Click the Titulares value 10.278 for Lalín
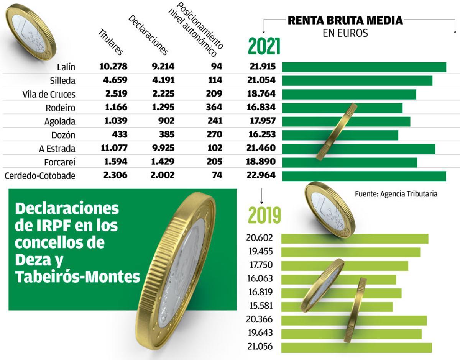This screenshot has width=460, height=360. coord(113,66)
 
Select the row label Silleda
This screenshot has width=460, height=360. coord(62,81)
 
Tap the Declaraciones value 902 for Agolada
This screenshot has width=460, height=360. coord(167,121)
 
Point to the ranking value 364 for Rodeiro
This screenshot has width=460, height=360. coord(214,107)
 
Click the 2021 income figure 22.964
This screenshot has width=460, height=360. coord(261,175)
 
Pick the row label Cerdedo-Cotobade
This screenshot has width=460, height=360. coord(40,176)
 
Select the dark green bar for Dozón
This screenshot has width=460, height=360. coord(340,135)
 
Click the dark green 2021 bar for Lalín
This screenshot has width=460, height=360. coord(364,67)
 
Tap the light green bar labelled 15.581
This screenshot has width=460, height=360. coord(337,307)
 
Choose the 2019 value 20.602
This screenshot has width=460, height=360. coord(259,238)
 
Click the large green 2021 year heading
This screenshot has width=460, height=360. coord(264,46)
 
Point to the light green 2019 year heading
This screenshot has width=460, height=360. coord(264,215)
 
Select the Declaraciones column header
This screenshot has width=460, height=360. coord(148,35)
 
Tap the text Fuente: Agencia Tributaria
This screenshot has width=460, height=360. coord(396,194)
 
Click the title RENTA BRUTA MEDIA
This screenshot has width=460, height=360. coord(345,20)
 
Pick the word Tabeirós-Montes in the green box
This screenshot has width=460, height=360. coord(78,277)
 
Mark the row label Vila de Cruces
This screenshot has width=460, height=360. coord(49,95)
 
